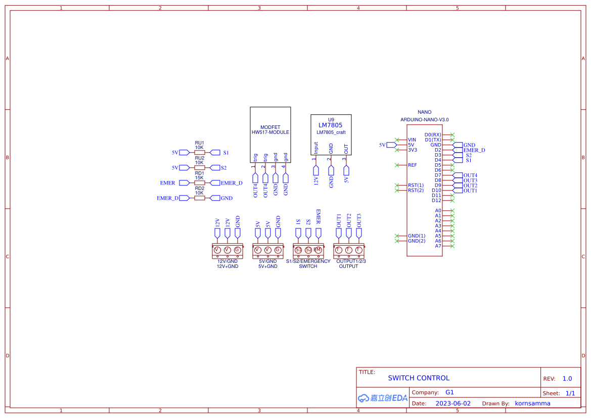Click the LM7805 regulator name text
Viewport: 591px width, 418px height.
point(330,125)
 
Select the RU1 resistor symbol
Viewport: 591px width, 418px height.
point(200,152)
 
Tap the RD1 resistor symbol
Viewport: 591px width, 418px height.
point(200,183)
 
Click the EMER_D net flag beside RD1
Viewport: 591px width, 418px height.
point(215,183)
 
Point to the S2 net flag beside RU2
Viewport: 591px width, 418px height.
point(215,167)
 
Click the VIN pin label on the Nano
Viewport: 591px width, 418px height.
point(412,140)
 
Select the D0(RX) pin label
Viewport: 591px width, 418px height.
point(433,134)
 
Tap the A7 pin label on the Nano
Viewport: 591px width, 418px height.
point(438,246)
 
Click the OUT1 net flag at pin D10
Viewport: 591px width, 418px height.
point(458,191)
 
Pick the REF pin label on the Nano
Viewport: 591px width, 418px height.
point(413,165)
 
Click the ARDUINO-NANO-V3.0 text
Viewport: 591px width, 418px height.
point(425,120)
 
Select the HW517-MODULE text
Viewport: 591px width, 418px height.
point(270,132)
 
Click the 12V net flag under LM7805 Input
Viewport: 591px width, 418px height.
point(316,179)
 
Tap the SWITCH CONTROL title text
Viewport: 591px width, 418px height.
point(419,378)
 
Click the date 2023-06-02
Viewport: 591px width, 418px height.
point(453,403)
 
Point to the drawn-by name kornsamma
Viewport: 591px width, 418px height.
point(533,403)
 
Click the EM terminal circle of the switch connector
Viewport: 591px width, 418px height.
point(318,250)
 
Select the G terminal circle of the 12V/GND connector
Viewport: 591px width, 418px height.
point(237,250)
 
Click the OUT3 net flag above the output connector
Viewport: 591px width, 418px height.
point(359,233)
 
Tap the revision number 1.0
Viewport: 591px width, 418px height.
point(567,379)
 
